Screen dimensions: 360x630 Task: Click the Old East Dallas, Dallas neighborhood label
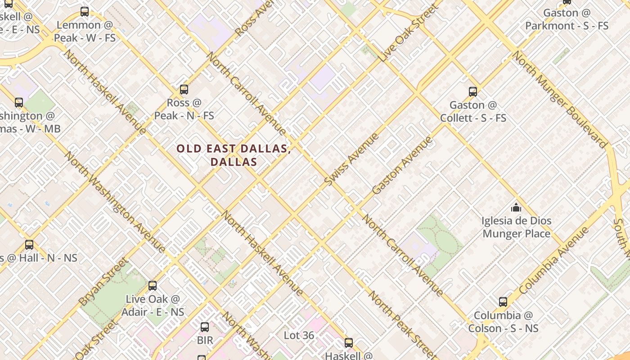[234, 155]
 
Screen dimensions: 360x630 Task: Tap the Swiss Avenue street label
[352, 159]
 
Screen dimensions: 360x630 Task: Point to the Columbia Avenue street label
[554, 261]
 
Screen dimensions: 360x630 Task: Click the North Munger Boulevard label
[560, 99]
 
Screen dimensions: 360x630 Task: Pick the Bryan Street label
[103, 281]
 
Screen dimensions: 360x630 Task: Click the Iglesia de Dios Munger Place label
[516, 227]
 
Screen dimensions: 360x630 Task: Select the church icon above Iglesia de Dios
[516, 207]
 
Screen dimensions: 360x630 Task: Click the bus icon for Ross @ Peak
[184, 89]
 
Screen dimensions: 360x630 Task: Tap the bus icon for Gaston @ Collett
[472, 92]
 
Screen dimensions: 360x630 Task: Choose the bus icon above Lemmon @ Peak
[85, 12]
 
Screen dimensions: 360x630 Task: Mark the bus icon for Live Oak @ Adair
[153, 285]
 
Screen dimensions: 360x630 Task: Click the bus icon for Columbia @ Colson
[503, 301]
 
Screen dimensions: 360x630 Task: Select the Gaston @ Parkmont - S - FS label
[567, 19]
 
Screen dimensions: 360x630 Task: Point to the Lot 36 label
[299, 336]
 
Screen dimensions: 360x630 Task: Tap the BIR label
[205, 340]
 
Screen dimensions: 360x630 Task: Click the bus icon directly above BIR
[205, 327]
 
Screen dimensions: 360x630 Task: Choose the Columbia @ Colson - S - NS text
[503, 322]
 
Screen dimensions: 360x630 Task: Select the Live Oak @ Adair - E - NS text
[153, 306]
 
